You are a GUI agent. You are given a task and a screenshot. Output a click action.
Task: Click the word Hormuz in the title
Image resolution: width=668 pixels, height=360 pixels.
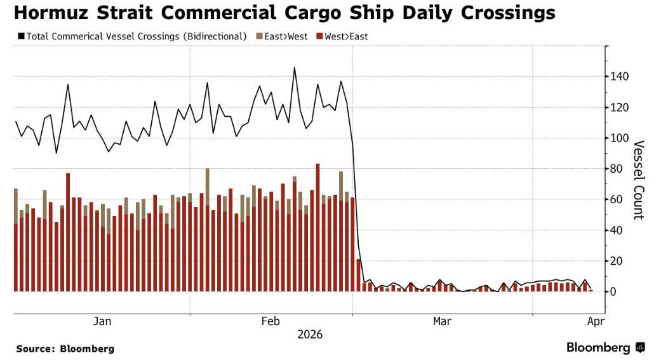(53, 13)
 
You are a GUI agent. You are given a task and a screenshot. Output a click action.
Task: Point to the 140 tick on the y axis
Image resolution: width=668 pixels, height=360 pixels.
(620, 77)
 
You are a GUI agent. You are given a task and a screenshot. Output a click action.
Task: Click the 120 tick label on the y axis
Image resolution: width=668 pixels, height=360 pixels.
(620, 108)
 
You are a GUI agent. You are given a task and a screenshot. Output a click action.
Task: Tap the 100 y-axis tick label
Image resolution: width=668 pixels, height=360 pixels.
(620, 138)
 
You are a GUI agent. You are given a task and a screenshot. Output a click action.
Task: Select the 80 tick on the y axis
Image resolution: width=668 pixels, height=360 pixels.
(617, 169)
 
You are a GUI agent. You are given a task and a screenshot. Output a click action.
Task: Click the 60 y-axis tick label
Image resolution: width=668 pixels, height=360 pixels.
(617, 199)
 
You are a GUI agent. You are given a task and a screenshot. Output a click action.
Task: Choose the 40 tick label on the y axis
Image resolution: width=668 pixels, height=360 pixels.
(617, 230)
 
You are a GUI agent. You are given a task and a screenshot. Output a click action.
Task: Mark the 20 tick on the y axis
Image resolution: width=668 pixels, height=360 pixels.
(617, 261)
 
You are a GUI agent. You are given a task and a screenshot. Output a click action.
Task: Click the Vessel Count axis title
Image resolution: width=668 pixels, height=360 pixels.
(639, 180)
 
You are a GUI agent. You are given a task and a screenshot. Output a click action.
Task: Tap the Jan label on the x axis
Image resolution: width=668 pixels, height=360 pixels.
(102, 321)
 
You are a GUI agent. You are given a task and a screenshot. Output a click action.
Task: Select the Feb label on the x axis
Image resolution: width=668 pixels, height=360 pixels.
(271, 321)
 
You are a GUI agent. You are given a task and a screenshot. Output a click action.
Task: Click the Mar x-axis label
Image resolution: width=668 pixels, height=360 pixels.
(442, 321)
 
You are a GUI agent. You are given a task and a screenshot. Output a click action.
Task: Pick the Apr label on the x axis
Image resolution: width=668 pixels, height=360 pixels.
(595, 321)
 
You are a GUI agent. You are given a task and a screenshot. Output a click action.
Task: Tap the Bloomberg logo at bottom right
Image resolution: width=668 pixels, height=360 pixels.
(605, 348)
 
